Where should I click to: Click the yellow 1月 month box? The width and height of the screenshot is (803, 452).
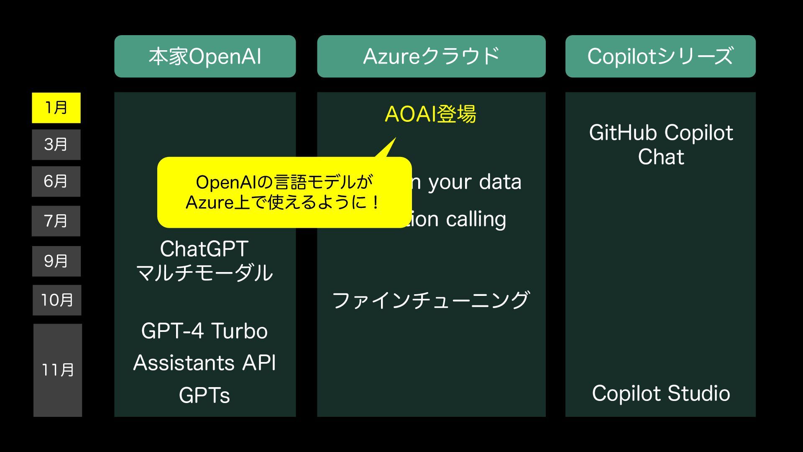click(56, 108)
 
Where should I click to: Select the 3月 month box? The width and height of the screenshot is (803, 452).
click(56, 144)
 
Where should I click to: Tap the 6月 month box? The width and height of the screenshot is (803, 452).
click(56, 181)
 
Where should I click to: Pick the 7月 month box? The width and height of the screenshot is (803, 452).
click(56, 221)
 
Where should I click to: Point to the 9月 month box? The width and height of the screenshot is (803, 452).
click(56, 261)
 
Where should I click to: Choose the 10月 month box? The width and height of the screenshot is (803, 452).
click(57, 300)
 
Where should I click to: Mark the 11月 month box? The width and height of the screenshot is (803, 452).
click(58, 370)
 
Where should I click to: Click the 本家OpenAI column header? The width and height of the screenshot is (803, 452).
click(205, 56)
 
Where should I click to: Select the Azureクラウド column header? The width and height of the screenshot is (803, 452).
click(431, 56)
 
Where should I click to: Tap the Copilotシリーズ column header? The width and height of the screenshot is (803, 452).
click(660, 56)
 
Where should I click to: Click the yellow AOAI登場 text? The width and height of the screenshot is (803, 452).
click(430, 114)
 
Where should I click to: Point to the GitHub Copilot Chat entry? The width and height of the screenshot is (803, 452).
click(661, 145)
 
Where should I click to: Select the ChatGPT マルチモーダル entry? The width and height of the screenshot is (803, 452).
click(205, 261)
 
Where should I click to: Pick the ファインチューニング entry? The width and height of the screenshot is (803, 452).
click(431, 300)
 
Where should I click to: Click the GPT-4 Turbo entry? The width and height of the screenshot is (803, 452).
click(205, 331)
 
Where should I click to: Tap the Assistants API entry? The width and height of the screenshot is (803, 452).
click(205, 363)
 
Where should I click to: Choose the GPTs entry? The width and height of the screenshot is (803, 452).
click(205, 395)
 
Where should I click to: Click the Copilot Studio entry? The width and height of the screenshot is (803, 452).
click(661, 393)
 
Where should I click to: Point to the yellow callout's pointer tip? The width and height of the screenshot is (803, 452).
click(394, 139)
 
